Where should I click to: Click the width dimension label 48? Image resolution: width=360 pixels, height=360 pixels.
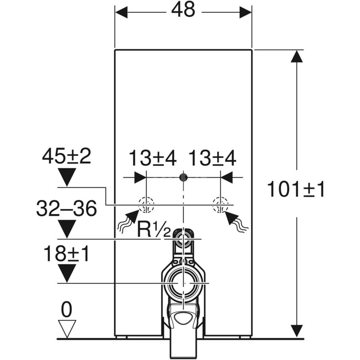point(183,11)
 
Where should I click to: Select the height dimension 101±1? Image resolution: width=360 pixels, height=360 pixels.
point(296,189)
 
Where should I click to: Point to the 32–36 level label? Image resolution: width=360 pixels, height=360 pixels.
point(67,209)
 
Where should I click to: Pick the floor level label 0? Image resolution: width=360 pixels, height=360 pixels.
point(67,309)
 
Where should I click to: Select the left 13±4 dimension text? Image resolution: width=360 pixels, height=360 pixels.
point(153,158)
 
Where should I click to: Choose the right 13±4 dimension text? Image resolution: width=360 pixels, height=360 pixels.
point(212,158)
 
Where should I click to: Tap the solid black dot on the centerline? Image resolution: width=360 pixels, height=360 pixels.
point(184,177)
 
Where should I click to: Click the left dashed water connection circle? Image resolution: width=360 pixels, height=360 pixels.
point(146,205)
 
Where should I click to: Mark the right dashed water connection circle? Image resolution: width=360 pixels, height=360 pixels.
point(220,205)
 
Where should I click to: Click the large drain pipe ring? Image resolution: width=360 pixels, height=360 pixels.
point(184,283)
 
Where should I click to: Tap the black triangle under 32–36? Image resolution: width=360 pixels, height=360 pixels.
point(67,229)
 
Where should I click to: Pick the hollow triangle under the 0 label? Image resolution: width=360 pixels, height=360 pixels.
point(67,328)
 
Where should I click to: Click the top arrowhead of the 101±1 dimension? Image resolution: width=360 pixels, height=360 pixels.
point(296,56)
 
